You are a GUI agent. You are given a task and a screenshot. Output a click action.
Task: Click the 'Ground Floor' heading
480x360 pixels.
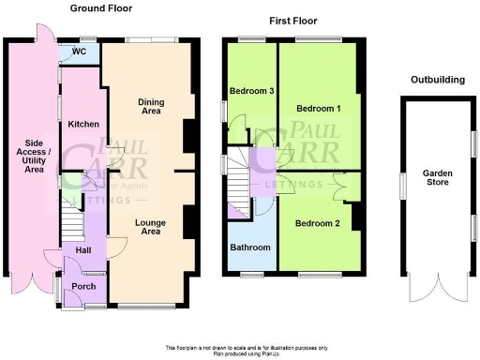point(101,8)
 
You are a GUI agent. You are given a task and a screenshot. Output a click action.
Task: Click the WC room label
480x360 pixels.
point(80,53)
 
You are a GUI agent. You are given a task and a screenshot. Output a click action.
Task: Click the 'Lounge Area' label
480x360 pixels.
point(149,228)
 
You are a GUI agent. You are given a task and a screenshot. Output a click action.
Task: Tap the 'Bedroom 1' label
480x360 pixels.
point(318,109)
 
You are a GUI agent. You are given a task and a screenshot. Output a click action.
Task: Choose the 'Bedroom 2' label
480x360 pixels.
point(318,224)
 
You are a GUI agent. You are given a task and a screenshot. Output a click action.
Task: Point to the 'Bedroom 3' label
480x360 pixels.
point(251,91)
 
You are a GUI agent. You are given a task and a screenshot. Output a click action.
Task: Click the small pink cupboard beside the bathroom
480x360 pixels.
point(234,213)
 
